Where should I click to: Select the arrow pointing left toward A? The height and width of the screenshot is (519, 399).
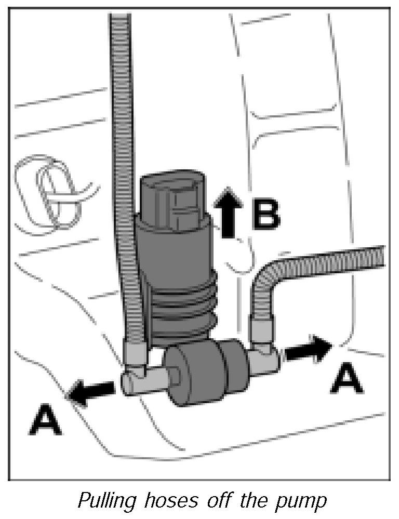pos(92,391)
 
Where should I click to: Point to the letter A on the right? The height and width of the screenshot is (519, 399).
pos(347,380)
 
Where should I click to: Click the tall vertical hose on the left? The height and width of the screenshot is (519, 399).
pos(125,156)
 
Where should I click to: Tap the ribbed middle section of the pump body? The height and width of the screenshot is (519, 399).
pos(182,307)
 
